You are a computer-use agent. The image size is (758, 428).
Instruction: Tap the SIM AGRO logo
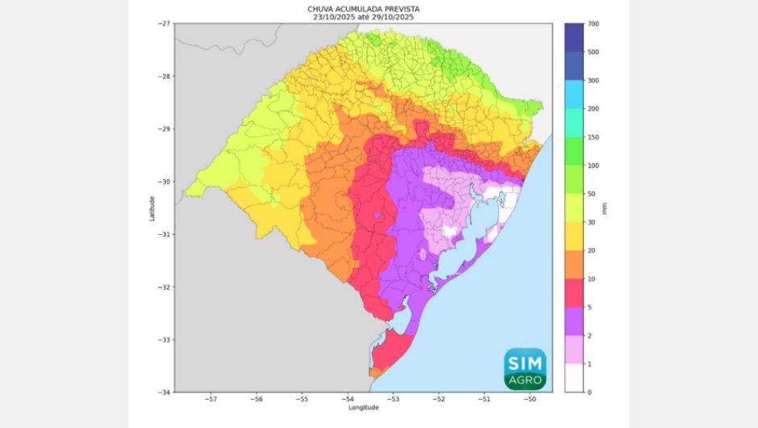(525, 367)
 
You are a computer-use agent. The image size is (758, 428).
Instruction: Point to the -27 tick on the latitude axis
(165, 24)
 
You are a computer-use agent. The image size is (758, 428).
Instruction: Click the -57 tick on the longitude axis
(211, 399)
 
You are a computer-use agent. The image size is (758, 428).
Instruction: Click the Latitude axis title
(152, 208)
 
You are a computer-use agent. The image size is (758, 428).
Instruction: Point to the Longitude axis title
(364, 408)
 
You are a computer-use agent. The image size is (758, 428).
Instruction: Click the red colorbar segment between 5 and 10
(574, 293)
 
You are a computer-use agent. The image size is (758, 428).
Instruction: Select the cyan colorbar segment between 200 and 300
(574, 94)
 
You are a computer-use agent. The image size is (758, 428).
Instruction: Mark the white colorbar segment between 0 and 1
(574, 378)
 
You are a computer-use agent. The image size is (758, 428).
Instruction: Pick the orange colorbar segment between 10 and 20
(574, 265)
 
